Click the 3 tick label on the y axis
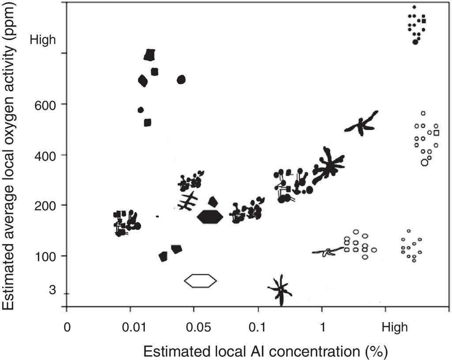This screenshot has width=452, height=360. point(53,290)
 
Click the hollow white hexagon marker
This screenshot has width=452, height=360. point(200,280)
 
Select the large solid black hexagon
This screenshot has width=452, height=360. point(210,216)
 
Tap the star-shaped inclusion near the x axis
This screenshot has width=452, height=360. point(281,290)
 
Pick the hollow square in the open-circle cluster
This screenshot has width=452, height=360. point(437,133)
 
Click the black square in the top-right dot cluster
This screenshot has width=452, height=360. point(424,21)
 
